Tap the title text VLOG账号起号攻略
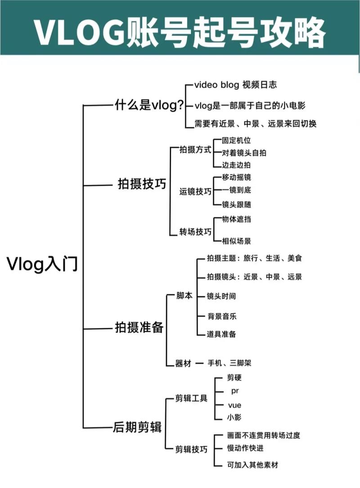tap(180, 33)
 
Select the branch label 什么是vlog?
tap(149, 105)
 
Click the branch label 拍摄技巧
tap(142, 184)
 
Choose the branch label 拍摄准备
tap(139, 327)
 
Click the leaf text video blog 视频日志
tap(235, 85)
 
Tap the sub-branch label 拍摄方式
tap(195, 149)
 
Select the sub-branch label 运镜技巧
tap(195, 191)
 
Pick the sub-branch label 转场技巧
tap(195, 232)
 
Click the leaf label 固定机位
tap(236, 140)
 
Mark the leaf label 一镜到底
tap(236, 190)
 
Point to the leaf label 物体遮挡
tap(236, 219)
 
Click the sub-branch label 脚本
tap(184, 295)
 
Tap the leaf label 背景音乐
tap(222, 316)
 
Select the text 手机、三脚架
tap(229, 363)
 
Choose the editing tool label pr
tap(235, 391)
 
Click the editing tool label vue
tap(234, 405)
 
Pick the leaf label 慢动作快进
tap(245, 448)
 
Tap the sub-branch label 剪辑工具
tap(191, 398)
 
